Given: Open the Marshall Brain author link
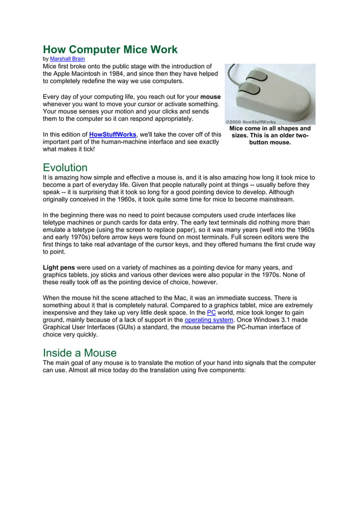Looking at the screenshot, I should coord(67,59).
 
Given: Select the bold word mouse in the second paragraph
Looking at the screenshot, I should coord(210,97).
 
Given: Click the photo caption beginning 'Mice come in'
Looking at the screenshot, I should coord(270,136).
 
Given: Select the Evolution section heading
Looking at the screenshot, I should coord(65,168).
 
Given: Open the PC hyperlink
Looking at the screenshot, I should coord(212,312).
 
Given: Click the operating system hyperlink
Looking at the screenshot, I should coord(208,320).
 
